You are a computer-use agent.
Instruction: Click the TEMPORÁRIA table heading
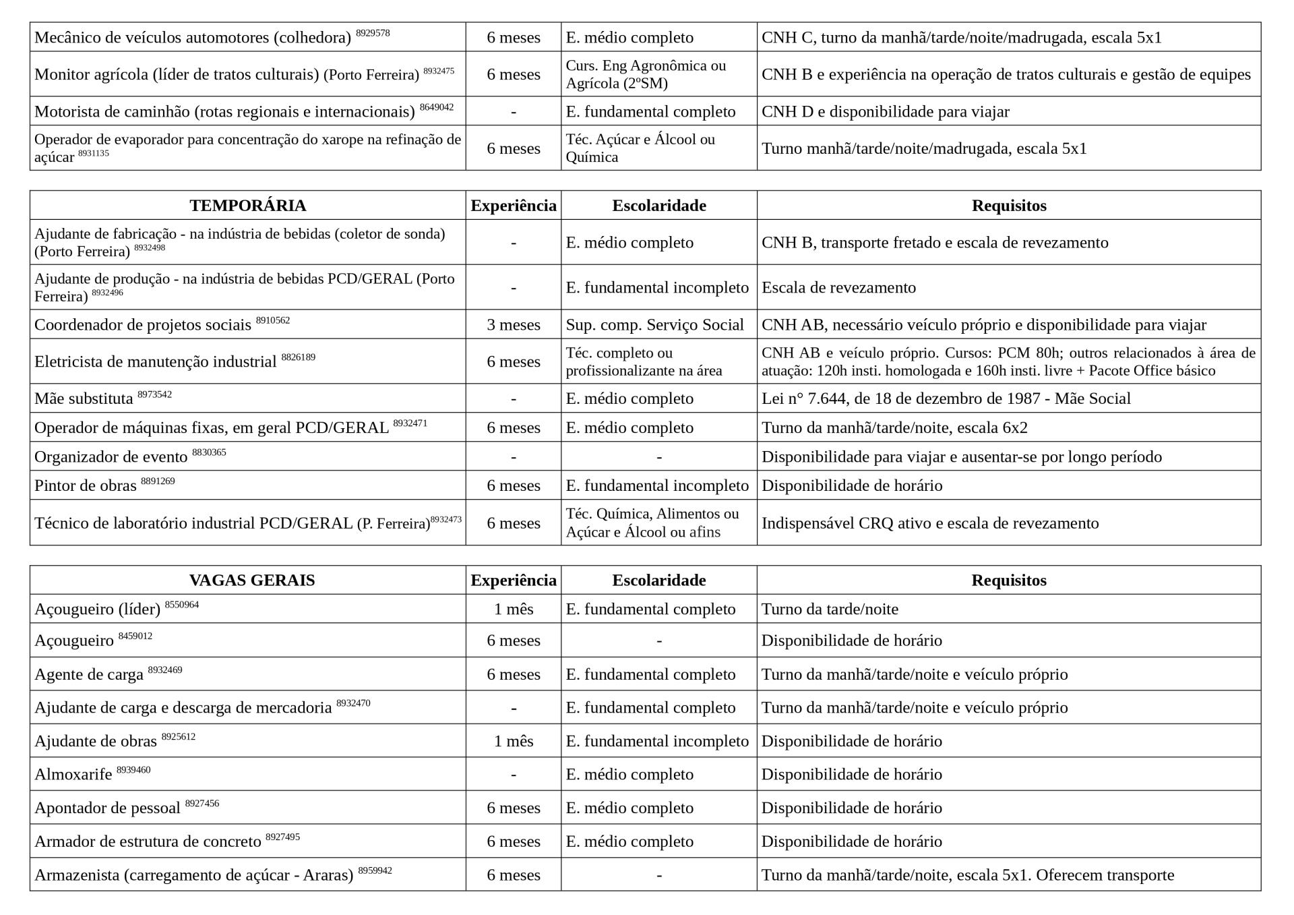tap(247, 206)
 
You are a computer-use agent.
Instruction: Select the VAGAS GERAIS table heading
tap(251, 581)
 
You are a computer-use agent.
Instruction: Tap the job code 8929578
tap(373, 33)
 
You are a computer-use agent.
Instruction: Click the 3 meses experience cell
tap(514, 325)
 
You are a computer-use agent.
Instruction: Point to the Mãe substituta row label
tap(84, 399)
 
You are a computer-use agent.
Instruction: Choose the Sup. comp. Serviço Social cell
tap(654, 325)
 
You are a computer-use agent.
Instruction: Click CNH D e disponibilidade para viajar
tap(885, 111)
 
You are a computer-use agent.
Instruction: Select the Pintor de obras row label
tap(86, 485)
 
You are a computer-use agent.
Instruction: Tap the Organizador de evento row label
tap(111, 457)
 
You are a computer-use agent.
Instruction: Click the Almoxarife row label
tap(73, 774)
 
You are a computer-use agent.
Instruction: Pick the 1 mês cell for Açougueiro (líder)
tap(514, 610)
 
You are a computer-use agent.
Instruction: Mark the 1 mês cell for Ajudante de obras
tap(514, 741)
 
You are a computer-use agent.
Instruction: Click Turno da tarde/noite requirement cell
tap(830, 610)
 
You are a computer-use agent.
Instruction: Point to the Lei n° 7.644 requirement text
tap(946, 399)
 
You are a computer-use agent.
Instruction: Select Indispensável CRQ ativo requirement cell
tap(930, 523)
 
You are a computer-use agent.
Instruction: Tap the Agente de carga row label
tap(89, 674)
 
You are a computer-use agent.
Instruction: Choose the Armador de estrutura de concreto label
tap(148, 842)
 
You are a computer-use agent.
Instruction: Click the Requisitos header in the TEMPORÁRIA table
tap(1008, 206)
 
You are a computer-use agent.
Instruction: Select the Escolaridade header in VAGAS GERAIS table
tap(658, 581)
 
